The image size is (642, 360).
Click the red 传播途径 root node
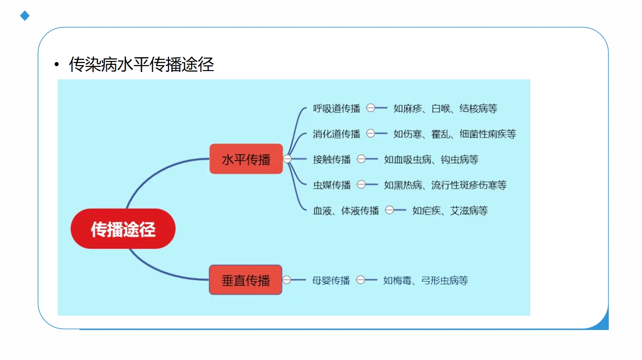coord(123,228)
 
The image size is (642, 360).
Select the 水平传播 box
coord(246,159)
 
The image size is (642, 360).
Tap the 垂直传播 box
coord(246,280)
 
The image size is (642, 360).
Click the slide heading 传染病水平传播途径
coord(141,64)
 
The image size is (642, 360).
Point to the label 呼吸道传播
coord(337,108)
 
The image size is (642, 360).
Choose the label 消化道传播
coord(337,134)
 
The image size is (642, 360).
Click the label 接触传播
coord(332,159)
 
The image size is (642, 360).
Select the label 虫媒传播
coord(332,185)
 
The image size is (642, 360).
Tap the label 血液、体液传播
coord(346,210)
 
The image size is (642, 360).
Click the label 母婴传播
coord(331,280)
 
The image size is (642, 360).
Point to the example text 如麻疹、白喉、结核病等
coord(445,108)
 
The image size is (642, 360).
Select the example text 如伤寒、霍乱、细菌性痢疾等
coord(455,134)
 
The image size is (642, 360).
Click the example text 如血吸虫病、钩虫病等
coord(431,159)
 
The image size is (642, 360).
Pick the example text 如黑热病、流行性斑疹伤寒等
coord(445,185)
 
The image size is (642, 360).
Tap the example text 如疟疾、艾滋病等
coord(450,210)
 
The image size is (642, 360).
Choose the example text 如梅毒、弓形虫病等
coord(425,280)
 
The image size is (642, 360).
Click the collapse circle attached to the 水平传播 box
coord(287,159)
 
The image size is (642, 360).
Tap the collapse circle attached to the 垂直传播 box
coord(287,280)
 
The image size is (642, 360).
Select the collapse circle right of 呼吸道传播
coord(370,108)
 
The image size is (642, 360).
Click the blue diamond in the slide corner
coord(24,16)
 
